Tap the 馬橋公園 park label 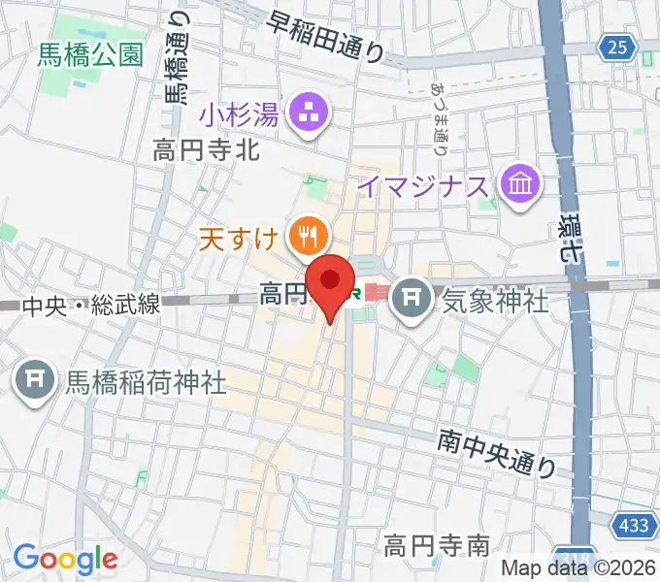(90, 54)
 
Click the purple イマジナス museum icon (519, 183)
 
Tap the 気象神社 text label (495, 300)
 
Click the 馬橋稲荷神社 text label (145, 380)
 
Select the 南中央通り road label (496, 453)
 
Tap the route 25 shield (618, 46)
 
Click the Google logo (65, 558)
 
